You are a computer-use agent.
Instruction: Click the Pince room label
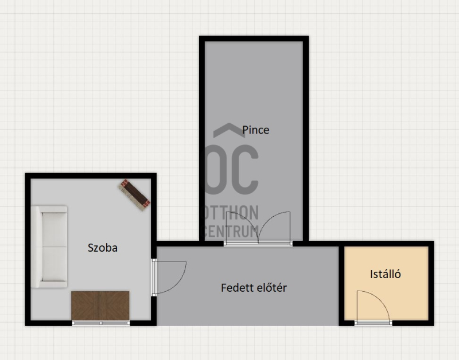[x=255, y=130]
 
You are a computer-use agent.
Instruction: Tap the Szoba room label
[x=103, y=248]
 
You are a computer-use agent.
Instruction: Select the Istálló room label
[x=385, y=274]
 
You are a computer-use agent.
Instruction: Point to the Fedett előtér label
[x=254, y=288]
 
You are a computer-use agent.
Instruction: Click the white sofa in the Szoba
[x=49, y=247]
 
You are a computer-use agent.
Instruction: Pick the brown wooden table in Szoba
[x=100, y=306]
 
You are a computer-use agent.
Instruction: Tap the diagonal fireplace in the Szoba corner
[x=135, y=195]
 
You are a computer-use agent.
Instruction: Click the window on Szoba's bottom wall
[x=101, y=323]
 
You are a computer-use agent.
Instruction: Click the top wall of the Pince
[x=254, y=39]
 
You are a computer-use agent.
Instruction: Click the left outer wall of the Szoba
[x=28, y=249]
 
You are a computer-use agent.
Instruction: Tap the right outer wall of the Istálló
[x=431, y=283]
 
